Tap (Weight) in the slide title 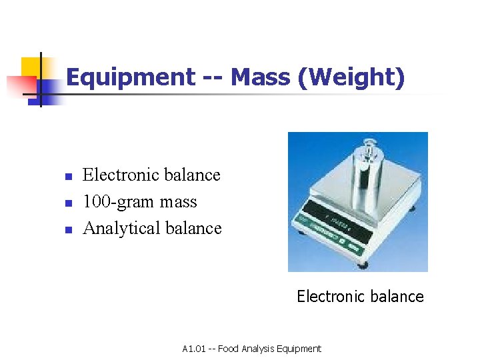point(351,78)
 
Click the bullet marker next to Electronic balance point(67,177)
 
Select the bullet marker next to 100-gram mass point(67,203)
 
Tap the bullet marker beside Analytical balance point(67,230)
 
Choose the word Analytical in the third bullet point(121,229)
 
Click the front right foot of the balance point(362,265)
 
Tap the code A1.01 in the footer point(194,349)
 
